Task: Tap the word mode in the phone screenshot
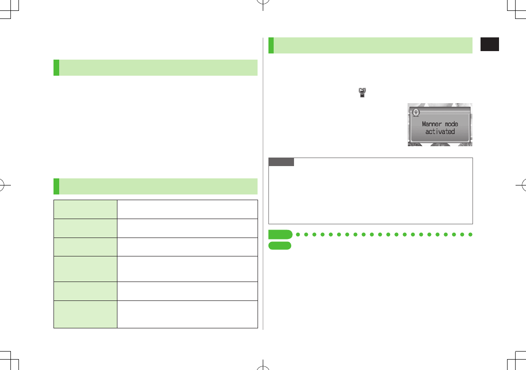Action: click(x=452, y=124)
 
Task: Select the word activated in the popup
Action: click(x=440, y=132)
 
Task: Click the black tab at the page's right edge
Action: click(x=490, y=44)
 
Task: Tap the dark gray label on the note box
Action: click(x=281, y=162)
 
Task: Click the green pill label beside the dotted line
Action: click(x=280, y=235)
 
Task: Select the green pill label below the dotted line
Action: click(x=279, y=246)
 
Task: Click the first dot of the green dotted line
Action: click(x=298, y=235)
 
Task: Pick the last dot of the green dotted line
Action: click(x=470, y=235)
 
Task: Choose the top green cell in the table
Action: click(x=85, y=209)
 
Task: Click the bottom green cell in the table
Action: click(x=85, y=314)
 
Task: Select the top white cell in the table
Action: click(x=187, y=209)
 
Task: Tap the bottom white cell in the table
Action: click(x=187, y=314)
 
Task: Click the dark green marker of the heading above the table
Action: click(x=56, y=186)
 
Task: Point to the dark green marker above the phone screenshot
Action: click(x=271, y=45)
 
